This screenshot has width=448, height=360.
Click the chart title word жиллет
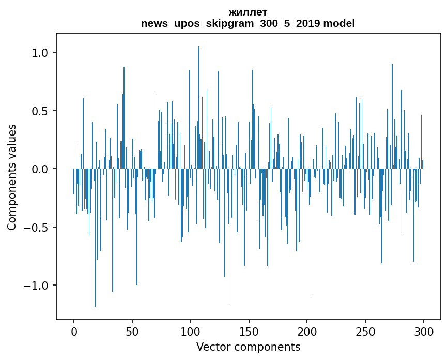(x=248, y=12)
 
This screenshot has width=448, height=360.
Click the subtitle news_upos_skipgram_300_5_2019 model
(x=248, y=23)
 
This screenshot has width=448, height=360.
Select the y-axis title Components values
(x=12, y=177)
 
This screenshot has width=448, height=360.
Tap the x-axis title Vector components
(x=248, y=347)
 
